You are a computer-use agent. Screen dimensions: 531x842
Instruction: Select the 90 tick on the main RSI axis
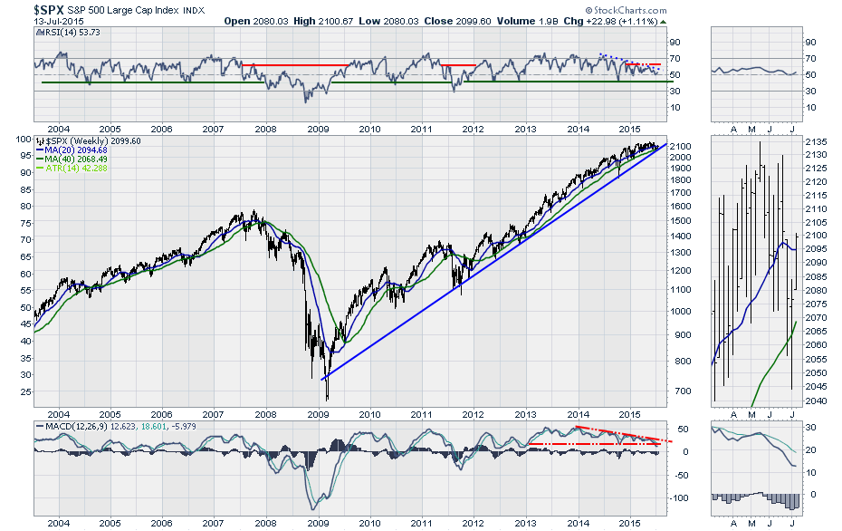pyautogui.click(x=675, y=42)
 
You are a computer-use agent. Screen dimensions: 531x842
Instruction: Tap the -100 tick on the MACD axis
pyautogui.click(x=680, y=498)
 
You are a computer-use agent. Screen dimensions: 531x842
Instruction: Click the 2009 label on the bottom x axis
pyautogui.click(x=318, y=524)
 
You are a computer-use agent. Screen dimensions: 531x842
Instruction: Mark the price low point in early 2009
pyautogui.click(x=326, y=399)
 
